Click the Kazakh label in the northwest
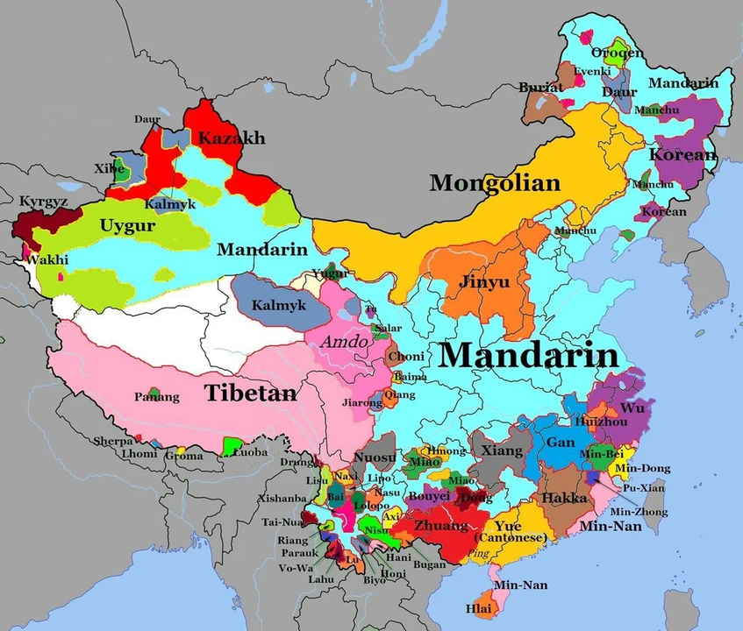point(231,138)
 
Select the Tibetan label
point(251,393)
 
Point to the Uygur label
point(127,226)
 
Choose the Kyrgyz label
point(43,202)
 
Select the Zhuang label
point(441,526)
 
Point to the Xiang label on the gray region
point(501,450)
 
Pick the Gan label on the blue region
point(561,443)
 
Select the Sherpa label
point(112,441)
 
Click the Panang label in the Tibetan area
point(158,397)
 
